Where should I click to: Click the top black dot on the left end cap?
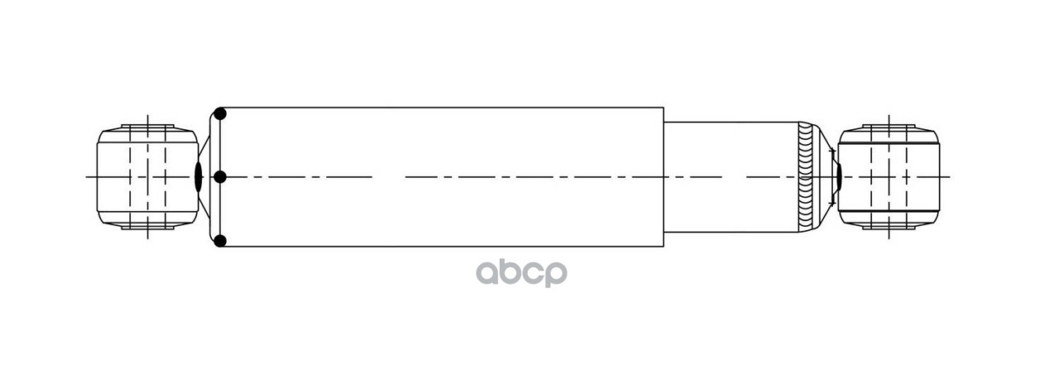point(220,113)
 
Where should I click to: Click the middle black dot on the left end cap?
point(220,176)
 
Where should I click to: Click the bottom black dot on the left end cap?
point(220,241)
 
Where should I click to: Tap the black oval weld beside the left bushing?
point(198,176)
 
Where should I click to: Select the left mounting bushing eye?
point(147,176)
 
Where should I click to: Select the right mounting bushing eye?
point(889,176)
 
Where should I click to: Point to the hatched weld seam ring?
point(805,176)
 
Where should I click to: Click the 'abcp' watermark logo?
point(520,273)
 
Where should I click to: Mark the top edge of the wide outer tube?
point(438,108)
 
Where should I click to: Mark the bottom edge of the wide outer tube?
point(438,247)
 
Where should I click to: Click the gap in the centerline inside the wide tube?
point(388,176)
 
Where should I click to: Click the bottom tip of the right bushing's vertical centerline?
point(889,238)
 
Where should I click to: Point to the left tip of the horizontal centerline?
point(86,176)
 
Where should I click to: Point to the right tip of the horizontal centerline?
point(950,176)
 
